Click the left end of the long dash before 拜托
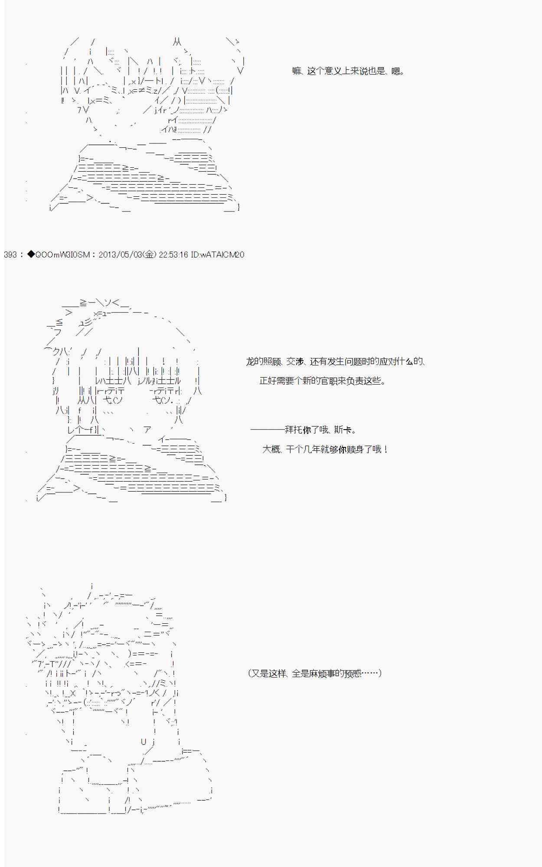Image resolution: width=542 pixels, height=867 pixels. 251,430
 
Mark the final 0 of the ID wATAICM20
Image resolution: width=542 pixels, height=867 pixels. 242,254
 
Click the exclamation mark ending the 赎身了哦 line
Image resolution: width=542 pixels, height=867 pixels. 385,449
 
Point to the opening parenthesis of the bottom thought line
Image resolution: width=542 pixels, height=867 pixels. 250,673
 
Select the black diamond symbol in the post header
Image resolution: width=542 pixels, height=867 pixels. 30,254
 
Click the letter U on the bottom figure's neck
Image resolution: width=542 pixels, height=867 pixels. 144,742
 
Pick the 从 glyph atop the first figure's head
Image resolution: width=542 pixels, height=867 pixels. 177,42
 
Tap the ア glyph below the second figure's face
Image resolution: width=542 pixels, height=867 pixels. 147,429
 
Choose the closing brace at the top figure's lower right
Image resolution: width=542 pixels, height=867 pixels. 238,207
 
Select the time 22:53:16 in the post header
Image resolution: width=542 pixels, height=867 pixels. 173,254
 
